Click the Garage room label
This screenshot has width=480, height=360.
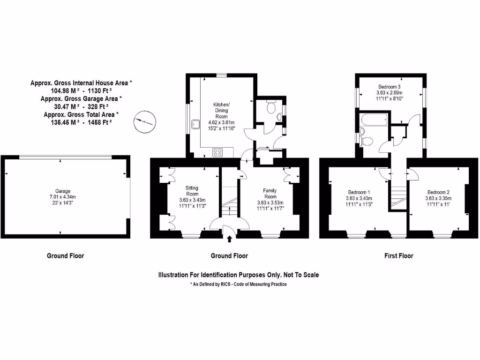(x=63, y=191)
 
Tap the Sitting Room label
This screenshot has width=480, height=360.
(x=192, y=191)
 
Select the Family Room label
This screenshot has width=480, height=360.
(x=270, y=194)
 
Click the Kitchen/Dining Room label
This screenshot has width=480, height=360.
(x=221, y=110)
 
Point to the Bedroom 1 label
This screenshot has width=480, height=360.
(x=359, y=192)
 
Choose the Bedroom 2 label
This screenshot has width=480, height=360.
(x=438, y=192)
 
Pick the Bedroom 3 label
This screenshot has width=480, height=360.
(x=389, y=87)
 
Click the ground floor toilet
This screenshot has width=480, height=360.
(x=270, y=108)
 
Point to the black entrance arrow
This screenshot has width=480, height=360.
(x=229, y=239)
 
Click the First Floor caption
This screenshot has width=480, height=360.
(x=398, y=256)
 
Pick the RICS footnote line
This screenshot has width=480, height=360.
(x=239, y=285)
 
